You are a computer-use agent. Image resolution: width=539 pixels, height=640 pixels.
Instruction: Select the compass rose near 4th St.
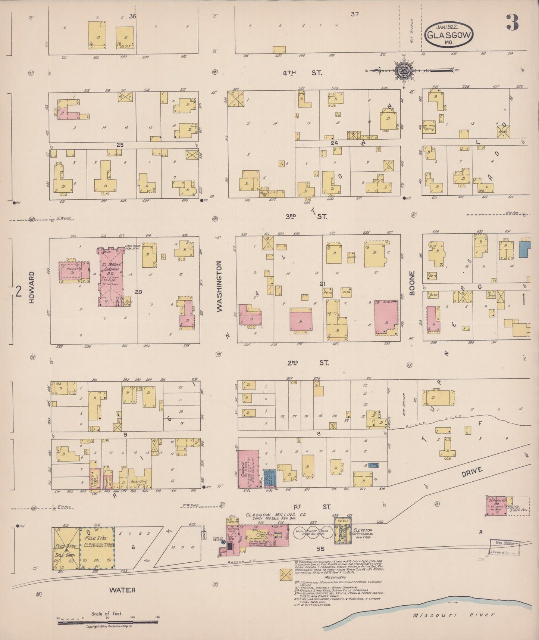pyautogui.click(x=405, y=70)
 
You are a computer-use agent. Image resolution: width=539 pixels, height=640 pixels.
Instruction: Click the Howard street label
pyautogui.click(x=32, y=287)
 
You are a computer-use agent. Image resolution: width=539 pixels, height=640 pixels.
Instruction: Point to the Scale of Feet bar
pyautogui.click(x=108, y=618)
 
